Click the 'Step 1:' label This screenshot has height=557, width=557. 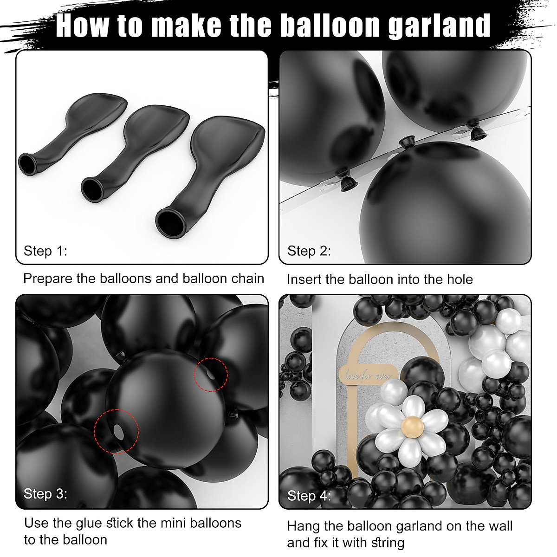pos(45,251)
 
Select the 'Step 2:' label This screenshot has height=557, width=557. pos(309,251)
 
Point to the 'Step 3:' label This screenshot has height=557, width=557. pos(45,493)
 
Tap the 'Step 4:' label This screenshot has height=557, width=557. pos(309,496)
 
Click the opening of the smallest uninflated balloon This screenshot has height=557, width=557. pos(27,164)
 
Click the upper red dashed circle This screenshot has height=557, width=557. pos(211,375)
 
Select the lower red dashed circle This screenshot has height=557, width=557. pos(117,432)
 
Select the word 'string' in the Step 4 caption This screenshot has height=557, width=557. pos(385,543)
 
